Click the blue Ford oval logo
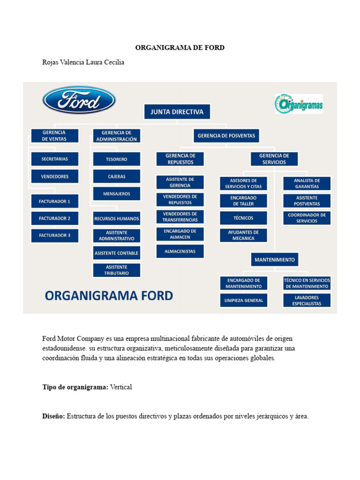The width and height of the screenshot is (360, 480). pos(79,100)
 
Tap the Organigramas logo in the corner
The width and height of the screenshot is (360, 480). pos(299,104)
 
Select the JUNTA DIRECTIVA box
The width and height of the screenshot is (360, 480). pos(177,112)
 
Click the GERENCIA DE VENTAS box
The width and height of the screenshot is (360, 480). pos(54,135)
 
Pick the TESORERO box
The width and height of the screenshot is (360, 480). pos(116,159)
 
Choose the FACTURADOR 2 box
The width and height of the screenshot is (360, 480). pos(54,218)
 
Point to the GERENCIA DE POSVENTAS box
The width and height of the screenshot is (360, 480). pos(226,135)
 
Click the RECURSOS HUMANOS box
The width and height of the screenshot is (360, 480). pos(116,218)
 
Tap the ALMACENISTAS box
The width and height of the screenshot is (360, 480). pos(180,251)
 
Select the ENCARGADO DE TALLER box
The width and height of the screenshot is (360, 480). pos(243,201)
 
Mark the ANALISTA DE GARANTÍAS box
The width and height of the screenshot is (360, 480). pos(307,183)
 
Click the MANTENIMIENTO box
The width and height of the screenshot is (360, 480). pos(275,259)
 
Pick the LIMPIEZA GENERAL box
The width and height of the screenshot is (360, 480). pos(243,300)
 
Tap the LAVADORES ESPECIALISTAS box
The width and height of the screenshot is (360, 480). pos(307,300)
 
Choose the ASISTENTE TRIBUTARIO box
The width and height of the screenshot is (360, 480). pos(116,270)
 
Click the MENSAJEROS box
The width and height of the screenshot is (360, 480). pos(116,194)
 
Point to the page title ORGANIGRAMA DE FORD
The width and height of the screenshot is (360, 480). pos(180,48)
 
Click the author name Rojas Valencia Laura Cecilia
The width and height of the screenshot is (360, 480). pos(83,62)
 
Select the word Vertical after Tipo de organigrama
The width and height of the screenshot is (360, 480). pos(121,387)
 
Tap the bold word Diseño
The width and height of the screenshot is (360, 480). pos(53,416)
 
